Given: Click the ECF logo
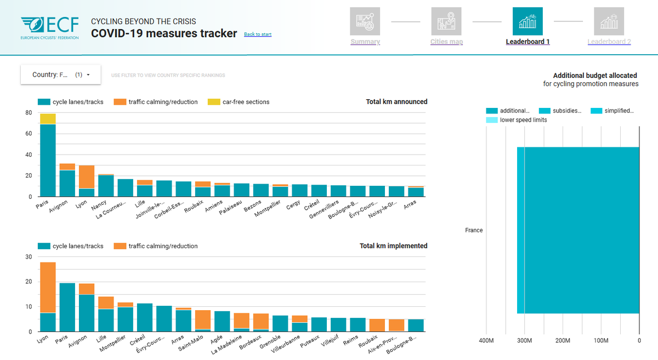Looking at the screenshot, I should click(49, 27).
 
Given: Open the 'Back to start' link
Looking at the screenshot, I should click(258, 35).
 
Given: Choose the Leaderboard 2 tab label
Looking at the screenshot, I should click(609, 42).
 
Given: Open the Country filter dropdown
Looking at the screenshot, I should click(61, 75).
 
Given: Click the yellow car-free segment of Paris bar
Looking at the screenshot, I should click(48, 119).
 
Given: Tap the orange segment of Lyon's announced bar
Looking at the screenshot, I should click(87, 176).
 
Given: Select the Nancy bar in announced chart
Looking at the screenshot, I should click(106, 186).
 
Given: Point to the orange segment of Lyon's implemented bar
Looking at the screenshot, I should click(48, 287).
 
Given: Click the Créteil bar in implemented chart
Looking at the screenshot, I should click(145, 317).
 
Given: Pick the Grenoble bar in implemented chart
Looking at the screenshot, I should click(280, 323).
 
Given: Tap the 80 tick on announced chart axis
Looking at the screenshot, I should click(28, 113).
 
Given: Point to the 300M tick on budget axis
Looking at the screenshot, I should click(525, 340).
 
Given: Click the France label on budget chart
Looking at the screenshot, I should click(474, 230).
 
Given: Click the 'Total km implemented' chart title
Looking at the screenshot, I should click(393, 246).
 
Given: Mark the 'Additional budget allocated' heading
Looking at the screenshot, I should click(594, 76).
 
